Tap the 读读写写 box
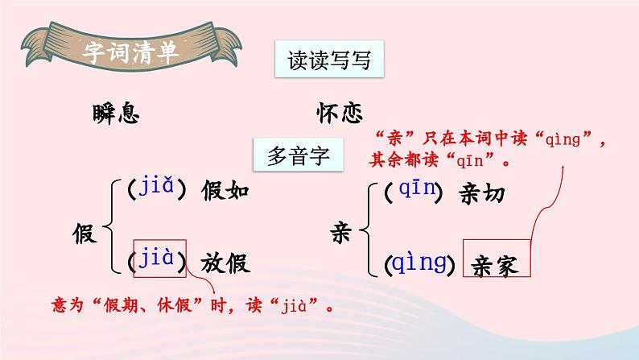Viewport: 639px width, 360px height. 328,60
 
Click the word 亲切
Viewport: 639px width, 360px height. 485,193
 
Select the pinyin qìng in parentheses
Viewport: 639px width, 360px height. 418,263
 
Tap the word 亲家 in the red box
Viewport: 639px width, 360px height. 497,263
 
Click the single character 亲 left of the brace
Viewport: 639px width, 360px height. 342,234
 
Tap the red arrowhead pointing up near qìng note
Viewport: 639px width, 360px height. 563,170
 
